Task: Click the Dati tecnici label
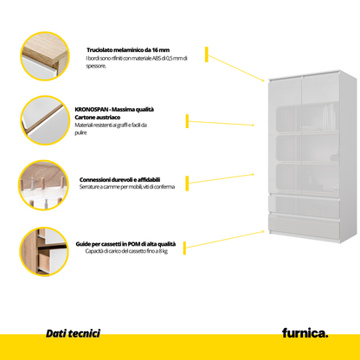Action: (73, 332)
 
